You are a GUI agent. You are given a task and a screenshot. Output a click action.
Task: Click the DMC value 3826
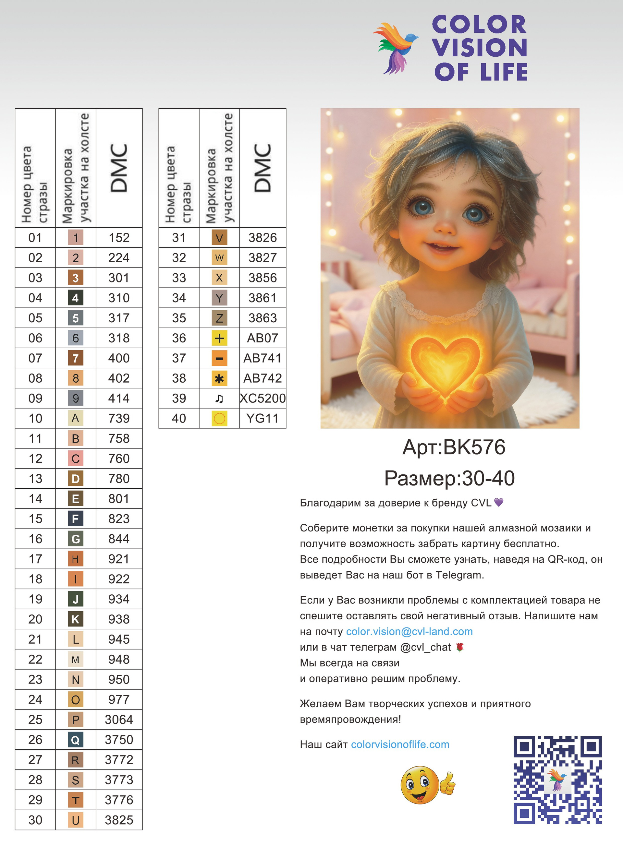263,238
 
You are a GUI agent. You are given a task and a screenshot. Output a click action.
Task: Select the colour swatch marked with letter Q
75,740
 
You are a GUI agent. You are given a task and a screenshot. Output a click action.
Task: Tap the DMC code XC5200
263,399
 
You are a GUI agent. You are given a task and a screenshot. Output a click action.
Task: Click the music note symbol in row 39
219,399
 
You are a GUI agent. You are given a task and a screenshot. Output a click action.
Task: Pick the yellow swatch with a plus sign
219,338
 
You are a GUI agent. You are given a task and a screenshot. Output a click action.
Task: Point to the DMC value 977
119,699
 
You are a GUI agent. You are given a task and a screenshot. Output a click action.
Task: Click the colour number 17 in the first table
35,559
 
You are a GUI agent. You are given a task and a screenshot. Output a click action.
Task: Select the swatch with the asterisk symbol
219,378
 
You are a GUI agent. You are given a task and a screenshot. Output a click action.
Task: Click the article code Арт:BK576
454,447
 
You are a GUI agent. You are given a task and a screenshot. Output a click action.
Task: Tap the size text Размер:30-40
449,478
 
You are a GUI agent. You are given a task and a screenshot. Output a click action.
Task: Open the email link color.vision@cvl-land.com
409,631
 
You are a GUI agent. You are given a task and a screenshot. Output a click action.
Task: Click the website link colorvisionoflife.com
400,744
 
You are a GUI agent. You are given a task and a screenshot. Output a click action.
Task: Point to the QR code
557,780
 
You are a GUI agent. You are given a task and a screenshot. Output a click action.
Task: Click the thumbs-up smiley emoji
427,785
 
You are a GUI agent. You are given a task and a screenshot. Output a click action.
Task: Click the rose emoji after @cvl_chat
459,647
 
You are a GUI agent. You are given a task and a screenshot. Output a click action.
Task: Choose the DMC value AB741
263,358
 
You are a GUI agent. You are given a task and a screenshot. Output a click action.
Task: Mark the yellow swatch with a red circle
219,418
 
